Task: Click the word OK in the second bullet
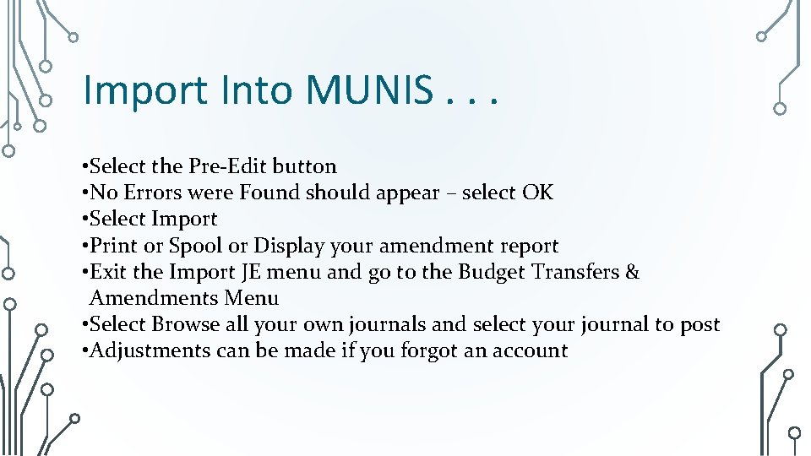[x=537, y=193]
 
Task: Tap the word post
[x=699, y=324]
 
